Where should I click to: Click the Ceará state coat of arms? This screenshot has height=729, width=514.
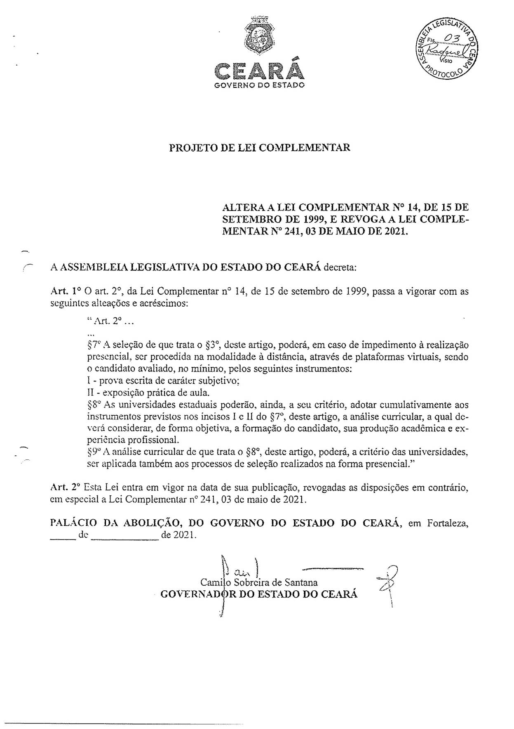click(x=258, y=36)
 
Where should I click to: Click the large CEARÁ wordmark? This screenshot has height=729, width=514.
click(x=259, y=71)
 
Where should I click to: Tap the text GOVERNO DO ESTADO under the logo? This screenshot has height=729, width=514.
click(x=259, y=86)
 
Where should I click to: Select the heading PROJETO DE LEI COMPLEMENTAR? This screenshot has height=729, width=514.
click(x=260, y=147)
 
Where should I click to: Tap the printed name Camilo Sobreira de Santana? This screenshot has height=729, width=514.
click(x=259, y=582)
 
